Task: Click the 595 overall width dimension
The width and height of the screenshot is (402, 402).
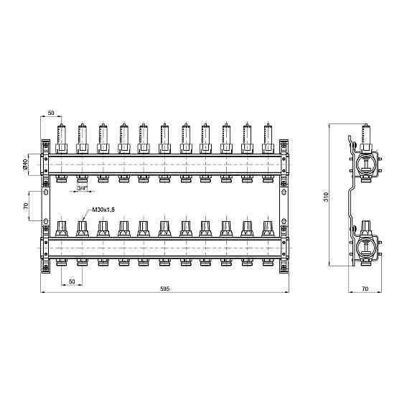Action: click(165, 289)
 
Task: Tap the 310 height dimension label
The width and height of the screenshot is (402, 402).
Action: click(326, 197)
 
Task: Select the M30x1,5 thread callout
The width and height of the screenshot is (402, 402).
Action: click(103, 210)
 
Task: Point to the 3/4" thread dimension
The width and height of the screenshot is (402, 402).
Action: click(83, 188)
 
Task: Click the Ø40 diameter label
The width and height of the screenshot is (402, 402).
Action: click(25, 164)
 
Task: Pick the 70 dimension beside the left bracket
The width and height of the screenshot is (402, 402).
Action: click(26, 205)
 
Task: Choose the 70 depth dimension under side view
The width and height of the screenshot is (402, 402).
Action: click(365, 289)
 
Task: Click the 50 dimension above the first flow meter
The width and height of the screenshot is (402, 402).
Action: click(51, 113)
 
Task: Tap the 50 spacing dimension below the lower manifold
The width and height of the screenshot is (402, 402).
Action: click(72, 281)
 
